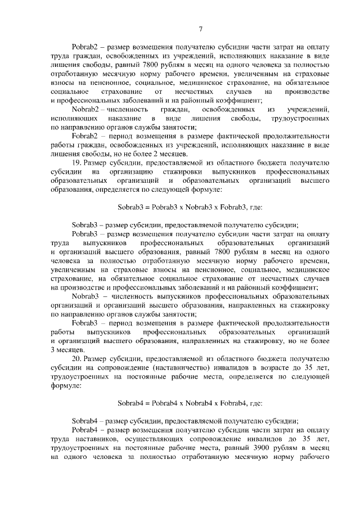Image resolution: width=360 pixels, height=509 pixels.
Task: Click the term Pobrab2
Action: tap(85, 46)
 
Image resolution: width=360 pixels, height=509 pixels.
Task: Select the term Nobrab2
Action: tap(85, 109)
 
